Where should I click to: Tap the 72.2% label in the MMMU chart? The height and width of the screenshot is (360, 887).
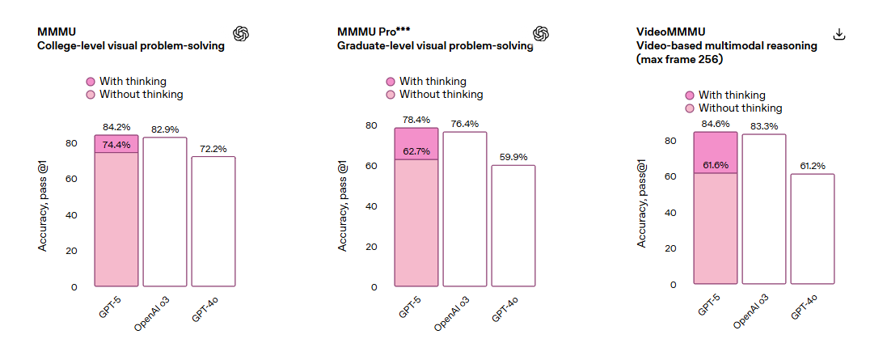point(213,149)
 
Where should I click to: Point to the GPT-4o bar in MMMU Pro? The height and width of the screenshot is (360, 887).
point(513,226)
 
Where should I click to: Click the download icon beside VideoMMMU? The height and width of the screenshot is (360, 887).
point(839,34)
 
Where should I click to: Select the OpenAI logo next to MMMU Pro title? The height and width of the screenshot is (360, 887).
point(541,32)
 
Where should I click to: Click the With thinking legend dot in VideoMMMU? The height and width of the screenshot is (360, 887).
point(690,95)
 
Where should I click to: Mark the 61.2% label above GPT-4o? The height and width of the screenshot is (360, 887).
point(812,166)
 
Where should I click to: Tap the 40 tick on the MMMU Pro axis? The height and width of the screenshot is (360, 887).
point(372,206)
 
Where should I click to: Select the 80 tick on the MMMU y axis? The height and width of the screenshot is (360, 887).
point(71,144)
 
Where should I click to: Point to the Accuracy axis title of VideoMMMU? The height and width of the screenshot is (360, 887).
point(642,202)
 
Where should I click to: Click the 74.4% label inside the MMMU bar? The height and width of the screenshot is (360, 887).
point(116,145)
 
